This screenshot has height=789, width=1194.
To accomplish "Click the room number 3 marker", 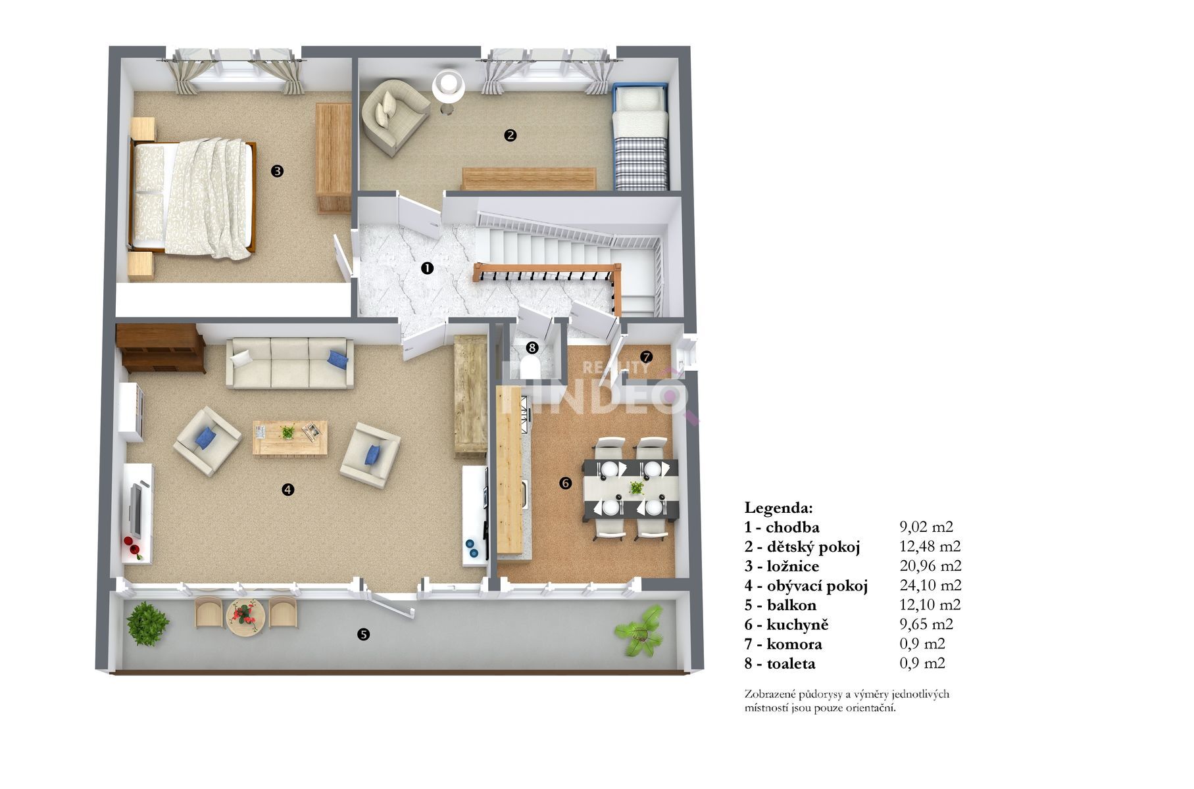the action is (x=277, y=171).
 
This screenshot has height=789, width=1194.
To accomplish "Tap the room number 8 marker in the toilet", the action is (x=532, y=347).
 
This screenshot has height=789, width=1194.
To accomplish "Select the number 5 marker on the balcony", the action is (x=363, y=634).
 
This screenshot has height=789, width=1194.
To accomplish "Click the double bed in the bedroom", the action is (x=192, y=197).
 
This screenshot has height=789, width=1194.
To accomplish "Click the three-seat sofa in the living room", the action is (x=290, y=362).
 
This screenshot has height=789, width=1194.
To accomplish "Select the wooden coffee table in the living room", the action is (x=290, y=437).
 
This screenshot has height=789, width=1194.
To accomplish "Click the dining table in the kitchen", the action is (x=630, y=489).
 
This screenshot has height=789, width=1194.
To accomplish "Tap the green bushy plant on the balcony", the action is (x=148, y=623).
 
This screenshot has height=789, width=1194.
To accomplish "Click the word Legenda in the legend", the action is (x=779, y=508).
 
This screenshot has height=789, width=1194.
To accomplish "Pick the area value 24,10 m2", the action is (x=930, y=585).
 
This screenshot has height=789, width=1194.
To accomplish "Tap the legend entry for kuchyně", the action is (x=786, y=625).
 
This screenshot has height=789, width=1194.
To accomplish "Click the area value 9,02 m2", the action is (x=926, y=527).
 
